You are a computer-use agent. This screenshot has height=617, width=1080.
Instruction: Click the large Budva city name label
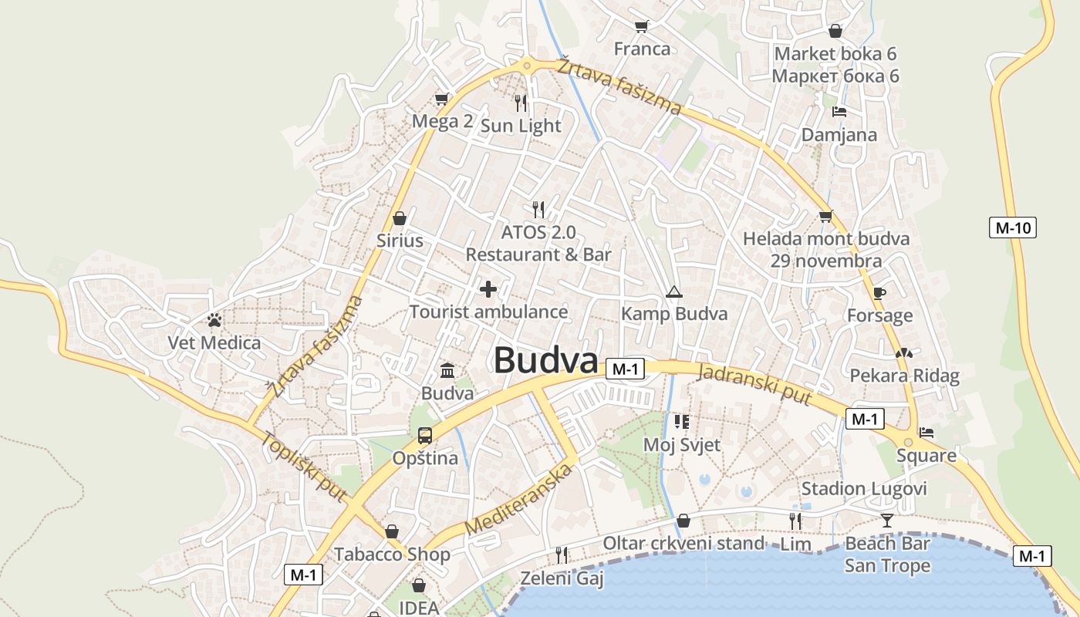[545, 360]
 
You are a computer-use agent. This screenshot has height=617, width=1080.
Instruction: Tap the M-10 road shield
[1012, 228]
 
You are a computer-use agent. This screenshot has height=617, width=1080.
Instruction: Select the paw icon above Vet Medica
[214, 319]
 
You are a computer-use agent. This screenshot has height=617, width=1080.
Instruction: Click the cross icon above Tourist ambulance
[488, 289]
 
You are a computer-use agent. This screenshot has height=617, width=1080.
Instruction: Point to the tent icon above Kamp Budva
[674, 292]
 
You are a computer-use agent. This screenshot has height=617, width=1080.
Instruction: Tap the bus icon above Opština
[424, 436]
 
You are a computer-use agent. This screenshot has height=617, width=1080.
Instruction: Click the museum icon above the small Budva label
[447, 371]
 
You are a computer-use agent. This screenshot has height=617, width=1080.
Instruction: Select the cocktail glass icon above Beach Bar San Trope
[887, 521]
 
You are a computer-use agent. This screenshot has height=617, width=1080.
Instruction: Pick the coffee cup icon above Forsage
[879, 292]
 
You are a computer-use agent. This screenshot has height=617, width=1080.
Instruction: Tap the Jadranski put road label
[754, 384]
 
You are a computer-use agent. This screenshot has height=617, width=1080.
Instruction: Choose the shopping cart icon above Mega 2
[441, 99]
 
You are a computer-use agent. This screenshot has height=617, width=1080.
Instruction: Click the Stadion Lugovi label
[863, 488]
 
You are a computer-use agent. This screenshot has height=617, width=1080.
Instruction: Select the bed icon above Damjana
[839, 112]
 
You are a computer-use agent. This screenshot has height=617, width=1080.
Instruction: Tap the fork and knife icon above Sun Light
[521, 103]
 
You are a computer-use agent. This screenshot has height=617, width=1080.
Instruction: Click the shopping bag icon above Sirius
[400, 218]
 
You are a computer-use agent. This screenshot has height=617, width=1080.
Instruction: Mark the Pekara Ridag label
[904, 376]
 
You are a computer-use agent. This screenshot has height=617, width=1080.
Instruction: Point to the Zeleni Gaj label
[562, 578]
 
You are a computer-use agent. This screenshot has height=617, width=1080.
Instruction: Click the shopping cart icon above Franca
[641, 27]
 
